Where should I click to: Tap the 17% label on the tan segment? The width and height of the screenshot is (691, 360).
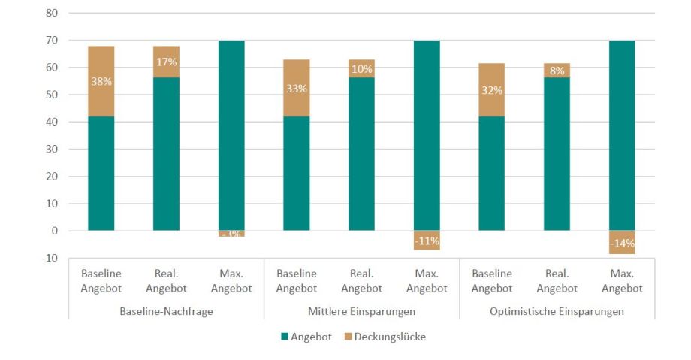[x=166, y=63]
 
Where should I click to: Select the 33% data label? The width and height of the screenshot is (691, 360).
[x=297, y=88]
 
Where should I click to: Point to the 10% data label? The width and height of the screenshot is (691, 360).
[x=361, y=69]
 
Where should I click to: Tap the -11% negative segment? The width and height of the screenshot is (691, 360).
[x=427, y=241]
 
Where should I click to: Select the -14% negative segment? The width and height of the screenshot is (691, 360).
[x=622, y=243]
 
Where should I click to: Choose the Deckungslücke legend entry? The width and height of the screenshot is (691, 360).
[x=383, y=337]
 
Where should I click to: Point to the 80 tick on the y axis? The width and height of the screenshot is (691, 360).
[x=53, y=13]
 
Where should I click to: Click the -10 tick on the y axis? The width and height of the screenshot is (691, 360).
[x=50, y=258]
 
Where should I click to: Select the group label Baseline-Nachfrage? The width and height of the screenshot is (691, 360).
[x=166, y=310]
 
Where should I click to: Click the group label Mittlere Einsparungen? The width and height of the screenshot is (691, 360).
[x=361, y=310]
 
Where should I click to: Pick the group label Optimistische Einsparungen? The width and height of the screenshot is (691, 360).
[x=557, y=310]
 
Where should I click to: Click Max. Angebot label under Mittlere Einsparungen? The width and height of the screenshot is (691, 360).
[x=427, y=280]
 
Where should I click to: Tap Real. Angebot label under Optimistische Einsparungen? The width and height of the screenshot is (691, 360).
[x=557, y=280]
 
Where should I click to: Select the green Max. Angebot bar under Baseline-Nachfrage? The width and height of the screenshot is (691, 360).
[x=231, y=135]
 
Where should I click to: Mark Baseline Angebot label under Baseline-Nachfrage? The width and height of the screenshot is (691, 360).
[x=101, y=280]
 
